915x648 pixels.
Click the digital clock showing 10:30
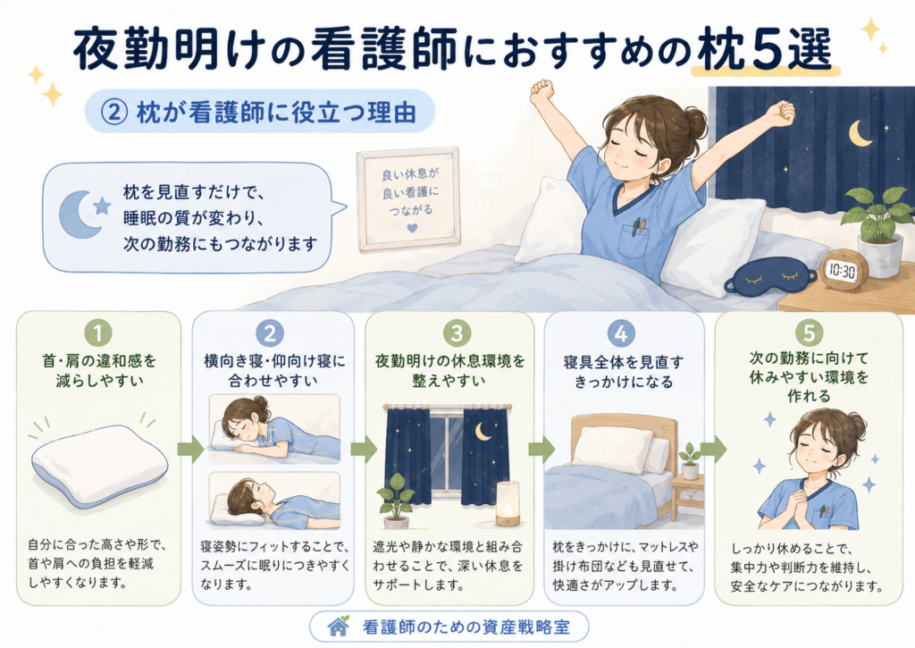click(844, 271)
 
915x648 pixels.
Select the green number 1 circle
click(98, 333)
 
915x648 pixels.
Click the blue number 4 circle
click(621, 333)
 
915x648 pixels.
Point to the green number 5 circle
click(809, 333)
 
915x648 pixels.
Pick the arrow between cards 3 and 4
click(541, 450)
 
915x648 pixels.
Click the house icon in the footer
click(339, 627)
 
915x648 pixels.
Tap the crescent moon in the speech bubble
click(79, 215)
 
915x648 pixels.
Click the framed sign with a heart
click(408, 198)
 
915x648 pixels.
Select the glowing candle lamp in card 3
click(508, 504)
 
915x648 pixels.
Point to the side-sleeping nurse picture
click(274, 429)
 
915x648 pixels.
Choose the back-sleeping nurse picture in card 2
click(274, 501)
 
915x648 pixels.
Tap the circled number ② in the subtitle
click(113, 112)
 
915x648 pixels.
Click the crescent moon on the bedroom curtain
click(860, 133)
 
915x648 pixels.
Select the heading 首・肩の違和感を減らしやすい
click(99, 371)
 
